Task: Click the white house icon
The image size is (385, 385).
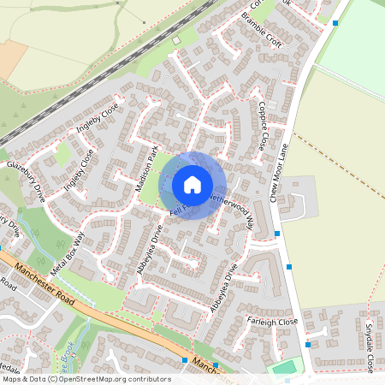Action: [192, 185]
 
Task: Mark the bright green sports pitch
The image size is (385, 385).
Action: [285, 368]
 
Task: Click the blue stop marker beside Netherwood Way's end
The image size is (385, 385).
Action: [279, 233]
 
